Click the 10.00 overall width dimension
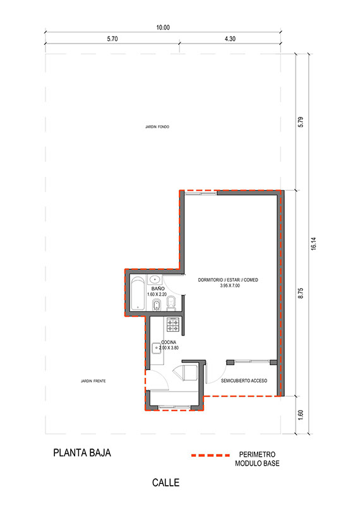[163, 28]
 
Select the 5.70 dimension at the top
[112, 39]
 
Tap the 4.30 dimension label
[230, 39]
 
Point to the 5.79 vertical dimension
[301, 122]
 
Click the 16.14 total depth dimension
[313, 244]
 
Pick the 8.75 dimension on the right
[301, 293]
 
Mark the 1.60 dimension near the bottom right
[301, 415]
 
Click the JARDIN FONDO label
[157, 126]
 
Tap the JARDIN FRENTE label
[93, 381]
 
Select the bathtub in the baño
[138, 294]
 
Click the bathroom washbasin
[155, 280]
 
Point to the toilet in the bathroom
[171, 303]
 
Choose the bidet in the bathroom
[157, 306]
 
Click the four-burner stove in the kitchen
[173, 324]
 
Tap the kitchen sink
[157, 347]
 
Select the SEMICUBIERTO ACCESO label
[244, 380]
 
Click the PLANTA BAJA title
[82, 453]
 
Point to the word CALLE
[165, 483]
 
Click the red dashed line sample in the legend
[210, 455]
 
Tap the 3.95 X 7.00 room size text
[230, 286]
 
